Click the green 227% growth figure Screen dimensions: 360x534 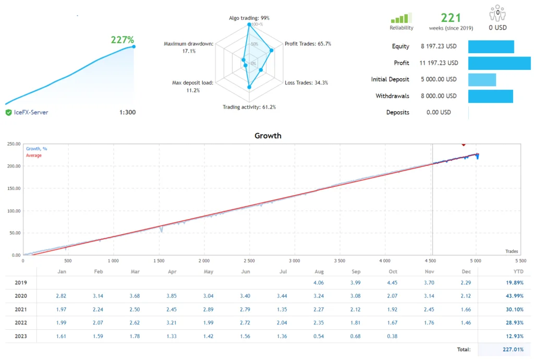point(122,40)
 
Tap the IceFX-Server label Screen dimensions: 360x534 point(30,112)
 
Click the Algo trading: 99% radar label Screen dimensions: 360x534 point(249,18)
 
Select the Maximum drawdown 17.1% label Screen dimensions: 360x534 point(188,47)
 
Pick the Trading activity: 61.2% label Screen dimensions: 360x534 point(249,107)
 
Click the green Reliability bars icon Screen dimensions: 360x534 point(401,18)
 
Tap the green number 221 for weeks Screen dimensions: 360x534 point(451,18)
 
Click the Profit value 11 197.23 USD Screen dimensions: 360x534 point(439,63)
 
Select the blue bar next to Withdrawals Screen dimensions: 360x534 point(490,96)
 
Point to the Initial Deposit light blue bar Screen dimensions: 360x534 point(482,79)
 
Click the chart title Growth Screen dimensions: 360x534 point(268,136)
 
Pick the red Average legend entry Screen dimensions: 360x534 point(34,155)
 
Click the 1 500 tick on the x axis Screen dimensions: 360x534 point(159,260)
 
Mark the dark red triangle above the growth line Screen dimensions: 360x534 point(463,144)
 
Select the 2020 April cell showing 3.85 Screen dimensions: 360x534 point(173,296)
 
